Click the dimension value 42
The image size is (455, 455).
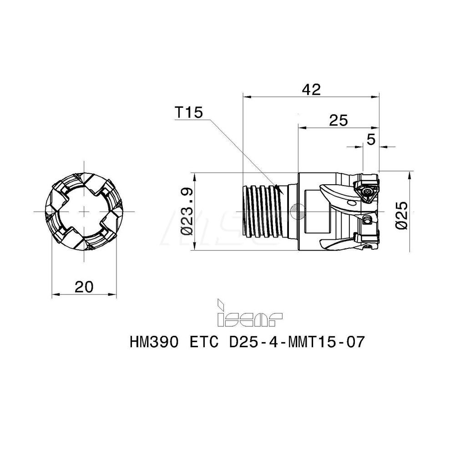[x=311, y=89]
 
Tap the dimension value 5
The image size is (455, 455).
[x=371, y=140]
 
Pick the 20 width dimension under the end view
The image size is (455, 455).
[x=84, y=287]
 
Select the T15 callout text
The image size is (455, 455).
[x=188, y=113]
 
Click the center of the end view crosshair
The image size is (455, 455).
[x=85, y=212]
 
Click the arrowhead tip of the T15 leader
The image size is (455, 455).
[x=282, y=193]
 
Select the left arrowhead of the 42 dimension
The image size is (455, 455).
[x=245, y=96]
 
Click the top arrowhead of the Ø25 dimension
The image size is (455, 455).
[x=411, y=173]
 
